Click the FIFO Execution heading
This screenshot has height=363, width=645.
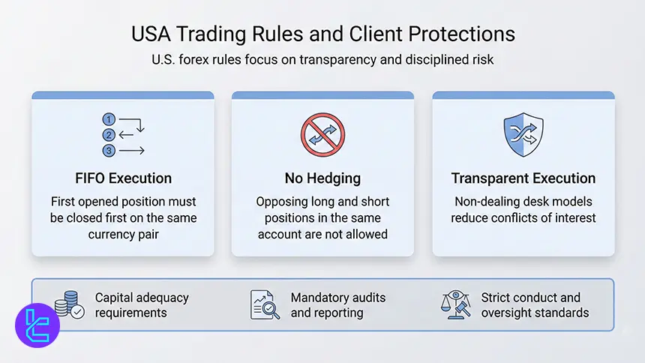(x=122, y=178)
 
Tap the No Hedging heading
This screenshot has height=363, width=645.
(x=322, y=178)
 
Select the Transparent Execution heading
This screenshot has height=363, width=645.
(x=523, y=178)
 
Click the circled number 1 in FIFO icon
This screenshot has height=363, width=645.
(x=109, y=120)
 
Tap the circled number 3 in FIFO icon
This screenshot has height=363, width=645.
(x=109, y=151)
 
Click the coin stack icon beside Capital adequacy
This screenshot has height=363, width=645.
(x=69, y=304)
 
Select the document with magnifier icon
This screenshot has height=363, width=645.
(x=265, y=304)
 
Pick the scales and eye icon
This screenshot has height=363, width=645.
(x=457, y=304)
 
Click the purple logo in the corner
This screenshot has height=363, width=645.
(x=37, y=325)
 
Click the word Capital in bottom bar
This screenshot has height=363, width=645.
(x=115, y=298)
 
